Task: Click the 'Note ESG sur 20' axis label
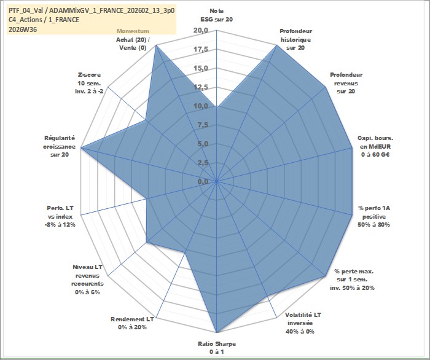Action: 217,15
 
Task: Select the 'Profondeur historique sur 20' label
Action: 296,39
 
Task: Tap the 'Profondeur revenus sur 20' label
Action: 346,83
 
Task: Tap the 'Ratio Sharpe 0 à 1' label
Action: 217,348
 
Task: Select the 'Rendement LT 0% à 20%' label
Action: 132,323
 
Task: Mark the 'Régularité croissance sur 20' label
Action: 59,146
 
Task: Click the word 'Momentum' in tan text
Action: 133,31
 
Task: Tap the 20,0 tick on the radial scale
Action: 201,31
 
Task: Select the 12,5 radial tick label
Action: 201,87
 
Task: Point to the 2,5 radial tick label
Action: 203,163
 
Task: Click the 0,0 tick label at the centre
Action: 203,182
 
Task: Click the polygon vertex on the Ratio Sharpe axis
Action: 217,332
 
